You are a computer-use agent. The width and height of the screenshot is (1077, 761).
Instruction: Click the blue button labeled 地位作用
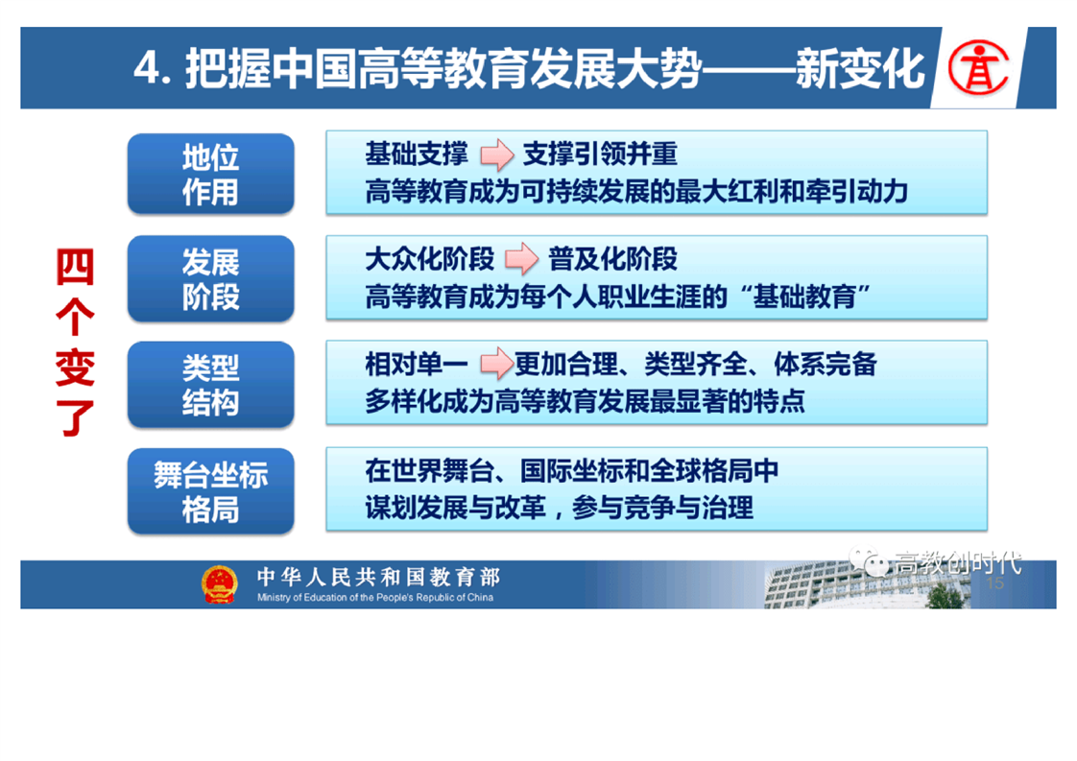pos(211,174)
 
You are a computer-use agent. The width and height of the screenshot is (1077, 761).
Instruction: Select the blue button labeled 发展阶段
pos(211,279)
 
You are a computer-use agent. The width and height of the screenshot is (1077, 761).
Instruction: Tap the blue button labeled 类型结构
pos(211,385)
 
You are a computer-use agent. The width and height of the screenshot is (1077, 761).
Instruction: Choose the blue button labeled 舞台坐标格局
pos(211,491)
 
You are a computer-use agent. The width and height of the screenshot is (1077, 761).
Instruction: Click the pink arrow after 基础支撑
pos(496,154)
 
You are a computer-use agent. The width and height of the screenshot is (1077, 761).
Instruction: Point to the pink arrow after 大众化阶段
pos(522,259)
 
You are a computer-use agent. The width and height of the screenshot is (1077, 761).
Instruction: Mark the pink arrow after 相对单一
pos(496,364)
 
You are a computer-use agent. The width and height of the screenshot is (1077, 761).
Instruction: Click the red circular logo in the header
pos(978,68)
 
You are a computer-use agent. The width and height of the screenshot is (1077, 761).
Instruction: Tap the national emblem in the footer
pos(219,584)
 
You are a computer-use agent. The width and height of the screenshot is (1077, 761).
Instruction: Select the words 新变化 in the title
pos(860,69)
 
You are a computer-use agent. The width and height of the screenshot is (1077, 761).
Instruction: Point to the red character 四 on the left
pos(75,267)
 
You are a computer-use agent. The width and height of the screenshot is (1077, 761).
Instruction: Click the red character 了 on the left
pos(75,417)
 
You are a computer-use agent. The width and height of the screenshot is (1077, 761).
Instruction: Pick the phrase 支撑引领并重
pos(600,154)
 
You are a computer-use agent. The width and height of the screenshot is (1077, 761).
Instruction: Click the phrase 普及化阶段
pos(612,259)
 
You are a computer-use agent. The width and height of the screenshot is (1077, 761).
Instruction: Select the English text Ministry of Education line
pos(375,598)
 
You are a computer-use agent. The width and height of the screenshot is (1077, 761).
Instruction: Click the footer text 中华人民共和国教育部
pos(378,577)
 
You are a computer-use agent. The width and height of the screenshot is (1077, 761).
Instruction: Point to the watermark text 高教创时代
pos(957,563)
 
